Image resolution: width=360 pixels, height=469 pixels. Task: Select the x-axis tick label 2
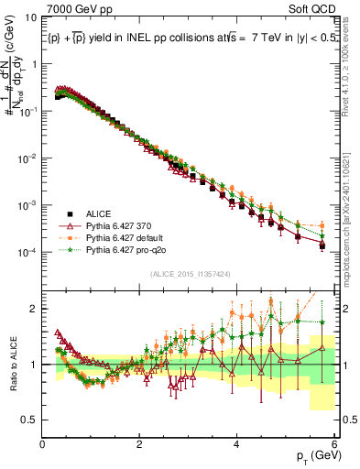[x=139, y=443]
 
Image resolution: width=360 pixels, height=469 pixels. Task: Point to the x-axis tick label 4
[x=236, y=443]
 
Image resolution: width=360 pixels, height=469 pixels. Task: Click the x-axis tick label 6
[x=333, y=443]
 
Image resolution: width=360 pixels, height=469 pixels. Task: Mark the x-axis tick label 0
[x=43, y=443]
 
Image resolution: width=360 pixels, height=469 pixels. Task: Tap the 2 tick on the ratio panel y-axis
[x=33, y=309]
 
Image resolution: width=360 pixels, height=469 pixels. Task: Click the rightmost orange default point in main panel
[x=322, y=226]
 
